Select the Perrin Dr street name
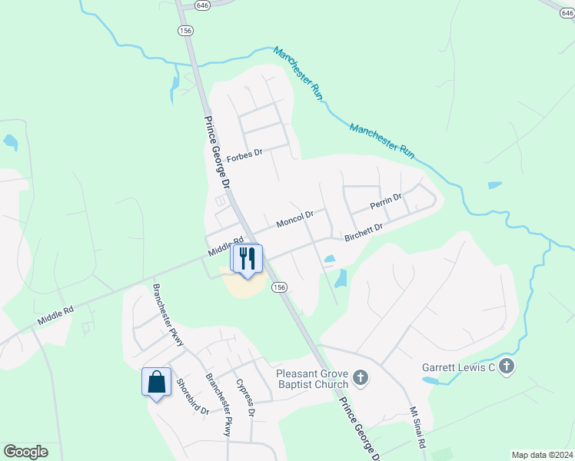tap(385, 202)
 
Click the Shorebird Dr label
tap(193, 397)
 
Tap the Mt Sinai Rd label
tap(417, 428)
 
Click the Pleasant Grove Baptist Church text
tap(312, 379)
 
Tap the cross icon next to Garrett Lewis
tap(506, 367)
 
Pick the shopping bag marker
tap(156, 382)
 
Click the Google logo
tap(25, 452)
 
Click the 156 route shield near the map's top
tap(184, 30)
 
